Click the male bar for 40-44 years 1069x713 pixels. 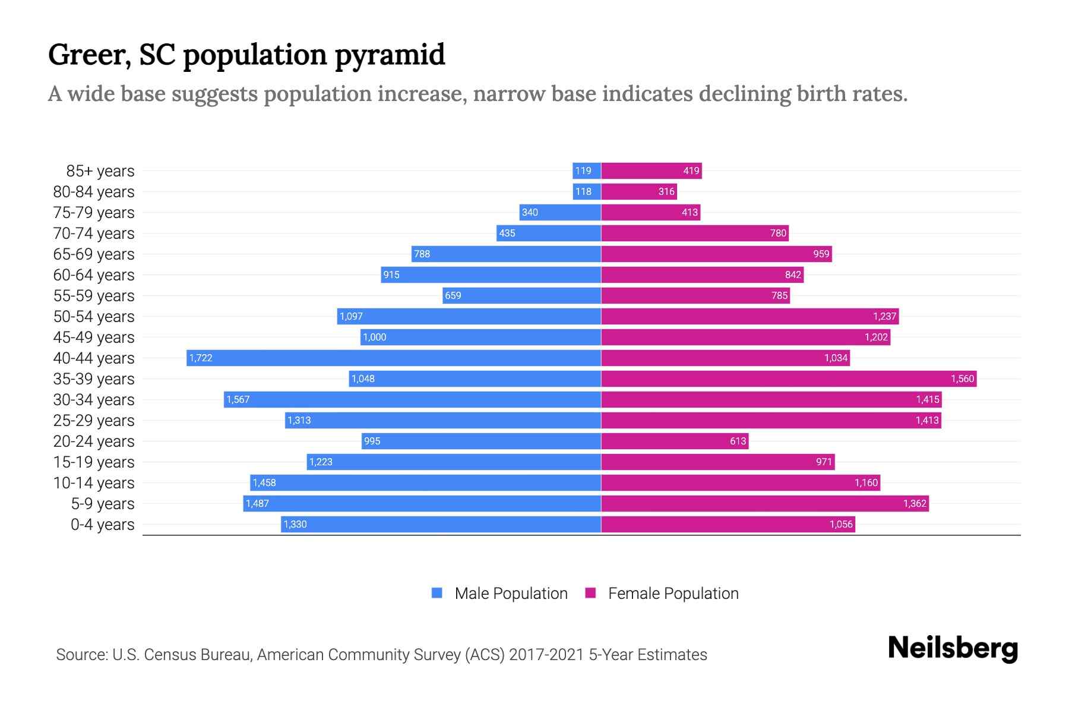coord(394,358)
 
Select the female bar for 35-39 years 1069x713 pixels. coord(789,378)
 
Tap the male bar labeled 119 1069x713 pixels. coord(587,171)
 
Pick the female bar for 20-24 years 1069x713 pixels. coord(675,441)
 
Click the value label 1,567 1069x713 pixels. coord(238,399)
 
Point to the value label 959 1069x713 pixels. coord(821,254)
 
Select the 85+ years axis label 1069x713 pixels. coord(100,171)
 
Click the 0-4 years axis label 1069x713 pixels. coord(102,525)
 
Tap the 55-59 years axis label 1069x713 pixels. coord(94,296)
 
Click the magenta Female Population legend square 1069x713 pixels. coord(590,593)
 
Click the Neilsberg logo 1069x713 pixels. coord(953,648)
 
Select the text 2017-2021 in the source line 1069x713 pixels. coord(546,655)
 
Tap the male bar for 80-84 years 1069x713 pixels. coord(587,191)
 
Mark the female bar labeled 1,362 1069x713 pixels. coord(765,503)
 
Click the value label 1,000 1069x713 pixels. coord(374,337)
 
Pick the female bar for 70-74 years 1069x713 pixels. coord(695,233)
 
